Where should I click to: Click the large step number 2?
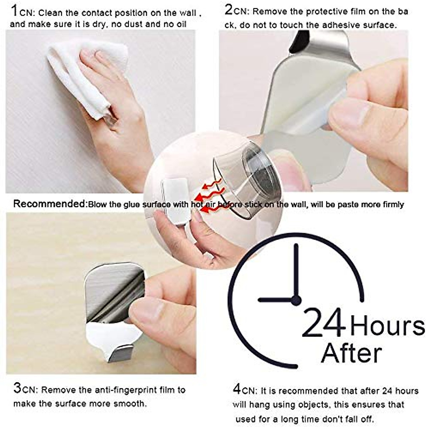click(228, 10)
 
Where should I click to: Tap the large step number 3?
click(18, 388)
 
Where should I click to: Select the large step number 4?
click(237, 389)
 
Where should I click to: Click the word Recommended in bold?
click(50, 204)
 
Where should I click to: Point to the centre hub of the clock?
click(296, 300)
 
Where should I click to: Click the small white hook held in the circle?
click(175, 200)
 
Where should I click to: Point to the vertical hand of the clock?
click(296, 272)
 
